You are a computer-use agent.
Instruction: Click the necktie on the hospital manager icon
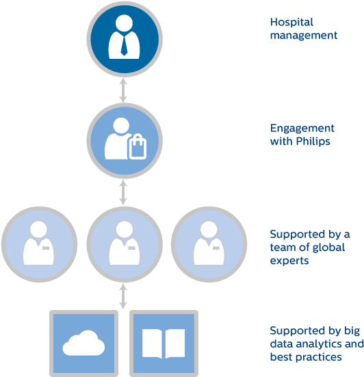coord(124,45)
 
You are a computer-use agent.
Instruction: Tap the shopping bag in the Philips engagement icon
coord(138,148)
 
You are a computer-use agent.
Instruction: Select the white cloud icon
coord(83,343)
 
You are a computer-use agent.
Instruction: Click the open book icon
coord(164,343)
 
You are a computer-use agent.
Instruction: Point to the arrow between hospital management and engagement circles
coord(123,90)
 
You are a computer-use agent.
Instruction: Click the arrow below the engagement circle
coord(123,192)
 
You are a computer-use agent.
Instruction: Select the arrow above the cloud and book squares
coord(123,296)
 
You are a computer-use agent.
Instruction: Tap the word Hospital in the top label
coord(291,23)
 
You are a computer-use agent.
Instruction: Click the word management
coord(304,36)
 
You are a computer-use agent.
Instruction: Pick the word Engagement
coord(302,129)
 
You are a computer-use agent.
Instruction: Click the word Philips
coord(313,142)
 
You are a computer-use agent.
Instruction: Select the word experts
coord(289,261)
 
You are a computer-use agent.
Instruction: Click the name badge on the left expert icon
coord(46,248)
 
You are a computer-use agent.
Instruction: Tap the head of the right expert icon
coord(209,230)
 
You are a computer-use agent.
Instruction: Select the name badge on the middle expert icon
coord(131,248)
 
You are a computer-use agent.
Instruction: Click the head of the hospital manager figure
coord(124,23)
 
